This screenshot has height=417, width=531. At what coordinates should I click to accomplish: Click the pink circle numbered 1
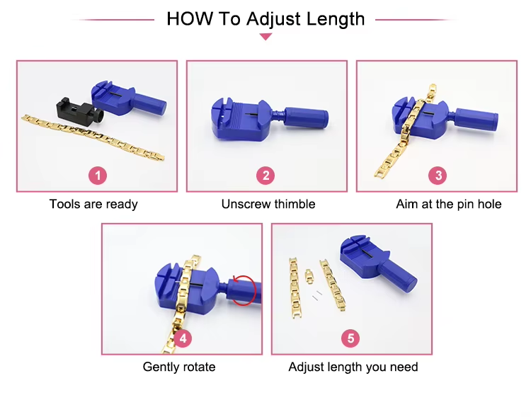98,176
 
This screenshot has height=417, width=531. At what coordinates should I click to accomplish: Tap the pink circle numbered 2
265,176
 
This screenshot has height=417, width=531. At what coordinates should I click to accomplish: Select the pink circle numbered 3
438,176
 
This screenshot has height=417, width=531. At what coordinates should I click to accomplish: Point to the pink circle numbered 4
183,338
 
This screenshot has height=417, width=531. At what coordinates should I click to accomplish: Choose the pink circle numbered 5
350,338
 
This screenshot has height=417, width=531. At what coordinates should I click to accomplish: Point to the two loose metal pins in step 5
317,295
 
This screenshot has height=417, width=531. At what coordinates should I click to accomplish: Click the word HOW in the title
190,18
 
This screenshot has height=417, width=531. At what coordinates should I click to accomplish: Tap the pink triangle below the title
265,37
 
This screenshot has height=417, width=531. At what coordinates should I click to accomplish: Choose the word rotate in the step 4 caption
200,367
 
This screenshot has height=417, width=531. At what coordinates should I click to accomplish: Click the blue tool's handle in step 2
306,118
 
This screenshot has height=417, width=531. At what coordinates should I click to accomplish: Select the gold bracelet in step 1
93,137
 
